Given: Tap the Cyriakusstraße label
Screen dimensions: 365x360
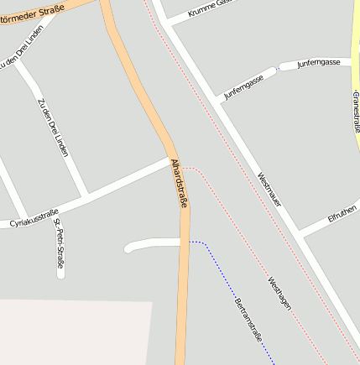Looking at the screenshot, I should pos(34,217).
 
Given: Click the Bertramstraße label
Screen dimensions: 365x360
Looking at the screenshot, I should pos(249,320).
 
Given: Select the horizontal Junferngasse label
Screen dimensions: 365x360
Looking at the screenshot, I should pos(318,63).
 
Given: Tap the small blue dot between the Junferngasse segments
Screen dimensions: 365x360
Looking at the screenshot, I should pos(276,68).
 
